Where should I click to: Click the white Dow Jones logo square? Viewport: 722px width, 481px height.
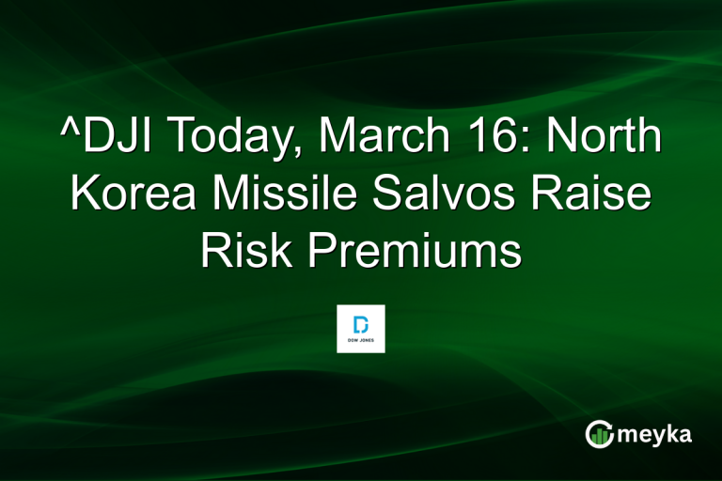tap(361, 329)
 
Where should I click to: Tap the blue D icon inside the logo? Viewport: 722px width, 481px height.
tap(361, 323)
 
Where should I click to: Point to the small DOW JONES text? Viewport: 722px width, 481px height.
tap(361, 342)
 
